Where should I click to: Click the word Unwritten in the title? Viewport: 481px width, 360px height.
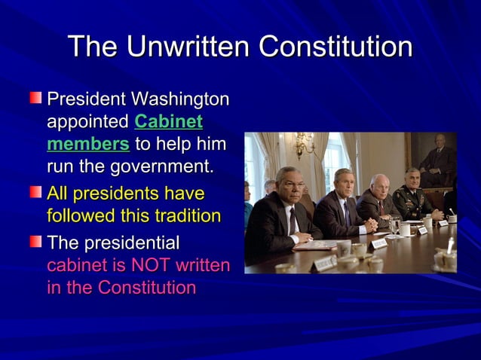point(188,47)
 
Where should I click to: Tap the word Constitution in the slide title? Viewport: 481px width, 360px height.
point(335,47)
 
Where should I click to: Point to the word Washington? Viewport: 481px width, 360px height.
point(180,100)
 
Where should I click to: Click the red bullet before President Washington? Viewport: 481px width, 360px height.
point(37,98)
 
